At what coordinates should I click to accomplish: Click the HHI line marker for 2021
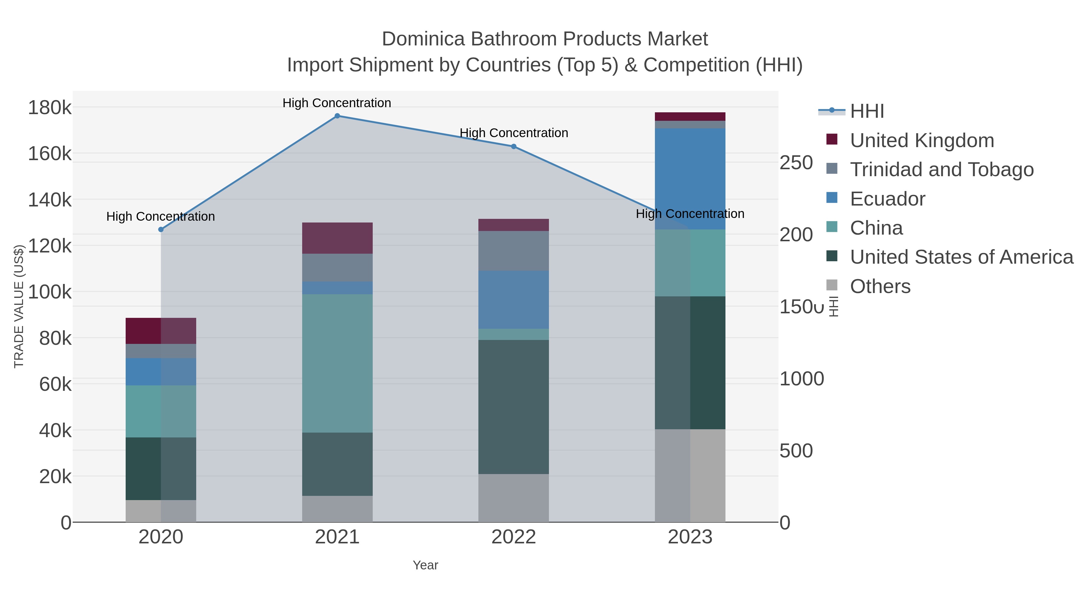coord(337,116)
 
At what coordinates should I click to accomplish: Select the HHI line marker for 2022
coord(514,147)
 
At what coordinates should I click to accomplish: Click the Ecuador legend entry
coord(887,199)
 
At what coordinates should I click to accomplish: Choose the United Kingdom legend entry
coord(922,140)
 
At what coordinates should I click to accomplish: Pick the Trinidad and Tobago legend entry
coord(941,170)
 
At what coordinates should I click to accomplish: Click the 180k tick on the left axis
coord(50,108)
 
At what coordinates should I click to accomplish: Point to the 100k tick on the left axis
coord(50,292)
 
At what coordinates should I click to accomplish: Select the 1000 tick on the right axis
coord(801,379)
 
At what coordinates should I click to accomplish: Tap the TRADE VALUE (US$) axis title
coord(19,306)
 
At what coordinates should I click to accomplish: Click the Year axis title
coord(425,565)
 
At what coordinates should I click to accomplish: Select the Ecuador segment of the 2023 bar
coord(690,179)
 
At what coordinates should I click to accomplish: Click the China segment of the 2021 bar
coord(337,363)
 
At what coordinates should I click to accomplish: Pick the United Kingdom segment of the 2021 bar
coord(337,238)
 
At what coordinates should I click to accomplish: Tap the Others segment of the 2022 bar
coord(514,498)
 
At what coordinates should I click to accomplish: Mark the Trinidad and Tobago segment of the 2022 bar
coord(514,251)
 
